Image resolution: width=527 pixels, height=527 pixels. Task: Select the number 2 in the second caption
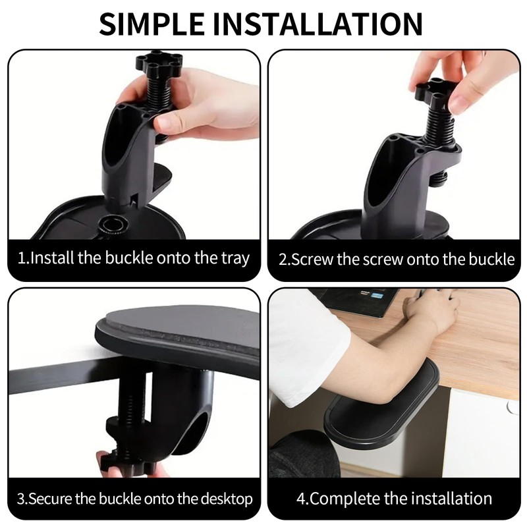282,259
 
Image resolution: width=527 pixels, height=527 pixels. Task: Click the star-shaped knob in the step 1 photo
157,65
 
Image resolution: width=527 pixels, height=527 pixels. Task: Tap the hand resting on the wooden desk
431,310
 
